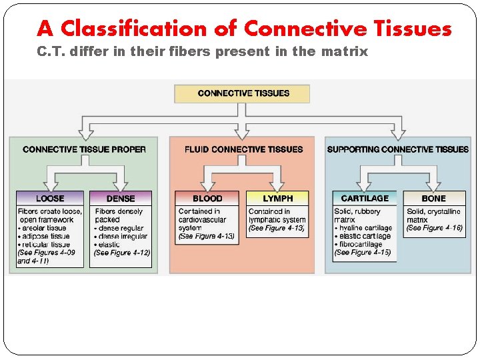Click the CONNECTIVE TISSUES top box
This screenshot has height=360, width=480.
click(x=242, y=93)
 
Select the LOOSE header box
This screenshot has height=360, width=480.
click(x=51, y=198)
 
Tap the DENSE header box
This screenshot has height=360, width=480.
click(x=120, y=198)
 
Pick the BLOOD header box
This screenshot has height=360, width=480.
click(x=207, y=198)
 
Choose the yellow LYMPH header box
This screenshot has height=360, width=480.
click(x=277, y=198)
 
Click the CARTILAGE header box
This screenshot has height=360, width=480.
click(x=364, y=198)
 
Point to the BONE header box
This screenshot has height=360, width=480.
click(x=433, y=198)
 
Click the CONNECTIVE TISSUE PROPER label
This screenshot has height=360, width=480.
click(x=84, y=149)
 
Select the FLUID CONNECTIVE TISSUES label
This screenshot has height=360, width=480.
click(x=243, y=149)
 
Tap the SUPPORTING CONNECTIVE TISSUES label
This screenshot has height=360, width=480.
click(x=398, y=149)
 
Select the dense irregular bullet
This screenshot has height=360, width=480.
click(x=123, y=236)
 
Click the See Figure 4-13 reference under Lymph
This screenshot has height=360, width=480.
click(x=277, y=228)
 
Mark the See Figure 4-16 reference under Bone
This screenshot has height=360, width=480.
click(x=434, y=228)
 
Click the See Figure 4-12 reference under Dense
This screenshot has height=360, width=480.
click(x=122, y=253)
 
